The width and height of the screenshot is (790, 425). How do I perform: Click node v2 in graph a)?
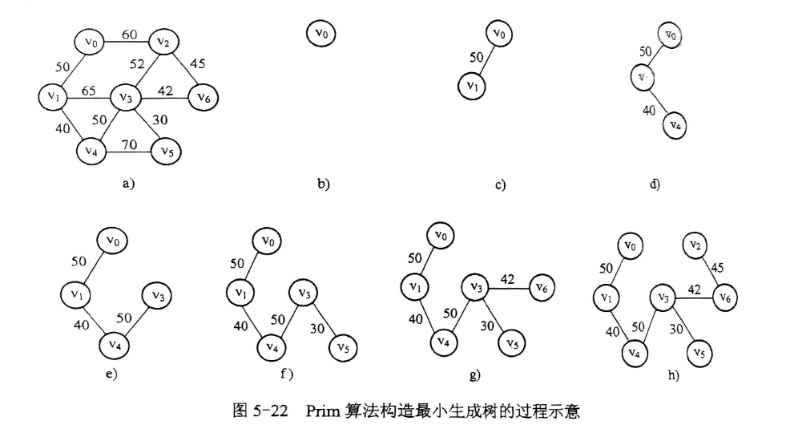coord(163,41)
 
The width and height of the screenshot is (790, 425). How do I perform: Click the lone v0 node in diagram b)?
coord(321,34)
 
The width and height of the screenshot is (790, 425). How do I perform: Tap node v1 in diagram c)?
coord(473,84)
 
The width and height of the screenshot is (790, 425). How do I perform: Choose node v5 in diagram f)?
coord(344,348)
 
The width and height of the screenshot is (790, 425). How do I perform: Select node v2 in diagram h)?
coord(697,245)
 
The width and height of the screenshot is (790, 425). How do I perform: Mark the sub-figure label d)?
coord(655,185)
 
